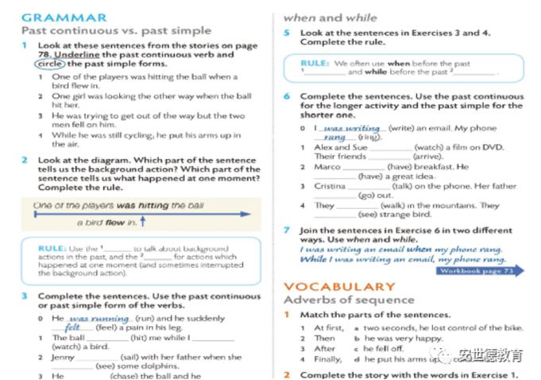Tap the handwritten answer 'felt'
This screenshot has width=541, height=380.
(72, 328)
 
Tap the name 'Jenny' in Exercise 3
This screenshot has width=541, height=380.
(64, 357)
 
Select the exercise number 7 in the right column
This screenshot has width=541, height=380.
(287, 230)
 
